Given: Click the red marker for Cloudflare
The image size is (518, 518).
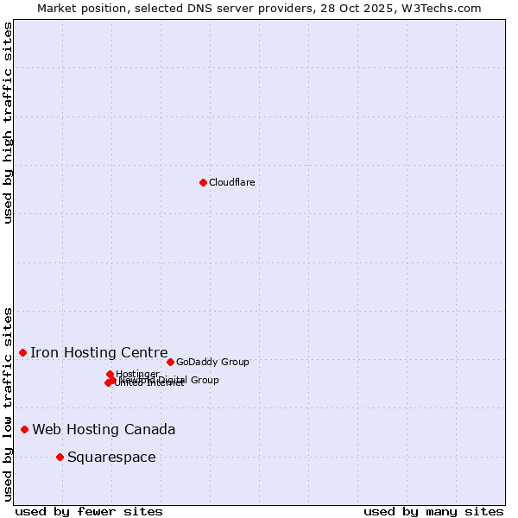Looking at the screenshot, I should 203,182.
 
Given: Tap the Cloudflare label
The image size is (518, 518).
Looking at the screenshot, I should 231,182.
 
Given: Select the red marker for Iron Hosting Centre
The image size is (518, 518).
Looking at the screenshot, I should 23,352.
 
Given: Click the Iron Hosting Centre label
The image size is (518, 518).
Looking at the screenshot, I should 99,352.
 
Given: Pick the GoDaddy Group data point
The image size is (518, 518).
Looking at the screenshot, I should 170,362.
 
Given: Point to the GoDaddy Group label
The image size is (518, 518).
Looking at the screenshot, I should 212,362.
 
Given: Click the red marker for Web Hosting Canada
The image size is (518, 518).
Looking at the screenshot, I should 25,429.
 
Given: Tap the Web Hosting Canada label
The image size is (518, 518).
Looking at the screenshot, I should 104,429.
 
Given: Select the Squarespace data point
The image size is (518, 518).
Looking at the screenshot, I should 60,457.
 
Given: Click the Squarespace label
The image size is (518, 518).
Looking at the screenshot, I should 111,457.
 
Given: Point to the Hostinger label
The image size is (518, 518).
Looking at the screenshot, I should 138,374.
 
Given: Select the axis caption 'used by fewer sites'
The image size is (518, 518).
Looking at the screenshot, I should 89,511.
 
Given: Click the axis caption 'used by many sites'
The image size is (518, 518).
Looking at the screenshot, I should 433,511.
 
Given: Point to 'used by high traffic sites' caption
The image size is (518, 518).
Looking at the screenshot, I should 8,123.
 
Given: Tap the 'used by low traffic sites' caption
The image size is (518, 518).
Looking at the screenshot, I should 8,403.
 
